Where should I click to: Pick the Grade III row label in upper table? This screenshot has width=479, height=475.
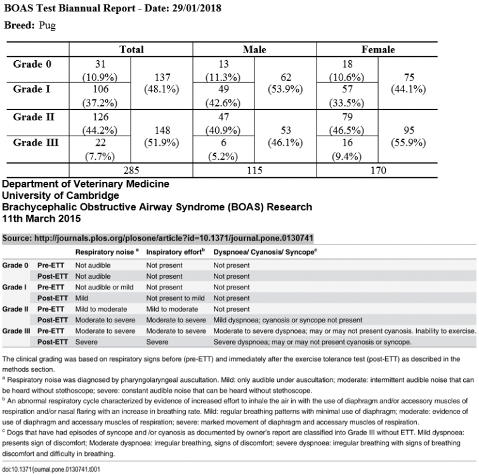37,142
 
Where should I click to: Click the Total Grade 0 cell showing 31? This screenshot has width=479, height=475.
100,64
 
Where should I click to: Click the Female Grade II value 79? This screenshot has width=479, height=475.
347,117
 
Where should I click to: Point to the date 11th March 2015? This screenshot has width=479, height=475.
43,218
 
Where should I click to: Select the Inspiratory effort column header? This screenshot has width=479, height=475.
175,252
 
